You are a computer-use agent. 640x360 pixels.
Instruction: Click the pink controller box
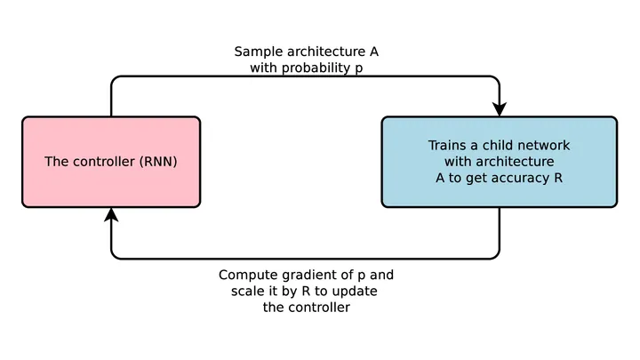(111, 162)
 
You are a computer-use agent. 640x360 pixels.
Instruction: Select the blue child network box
(500, 162)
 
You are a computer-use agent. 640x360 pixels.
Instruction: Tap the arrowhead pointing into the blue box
(500, 109)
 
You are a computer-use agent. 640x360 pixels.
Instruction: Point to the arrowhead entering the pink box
(111, 215)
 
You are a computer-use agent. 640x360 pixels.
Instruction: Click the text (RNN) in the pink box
(158, 162)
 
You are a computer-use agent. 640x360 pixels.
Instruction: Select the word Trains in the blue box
(445, 145)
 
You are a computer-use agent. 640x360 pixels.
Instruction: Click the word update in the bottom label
(354, 292)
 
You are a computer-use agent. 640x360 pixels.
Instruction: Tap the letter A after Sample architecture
(374, 52)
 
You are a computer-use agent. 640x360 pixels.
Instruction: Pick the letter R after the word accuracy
(558, 179)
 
